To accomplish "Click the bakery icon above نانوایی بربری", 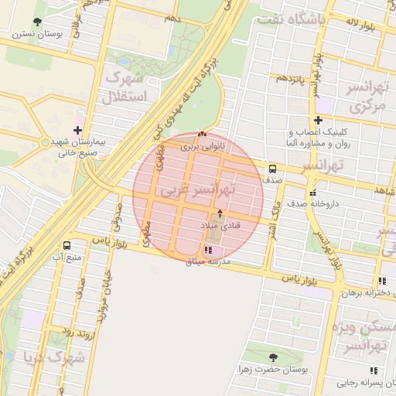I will pos(203,135).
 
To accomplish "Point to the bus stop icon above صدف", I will pos(272,169).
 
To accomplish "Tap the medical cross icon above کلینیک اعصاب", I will pos(318,120).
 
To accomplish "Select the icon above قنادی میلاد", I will pos(220,213).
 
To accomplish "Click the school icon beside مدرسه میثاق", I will pos(207,250).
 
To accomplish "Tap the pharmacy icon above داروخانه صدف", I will pos(312,193).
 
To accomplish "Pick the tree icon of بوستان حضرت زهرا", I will pos(272,357).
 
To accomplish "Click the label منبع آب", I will pos(67,256).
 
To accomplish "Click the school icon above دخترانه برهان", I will pos(381,282).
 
